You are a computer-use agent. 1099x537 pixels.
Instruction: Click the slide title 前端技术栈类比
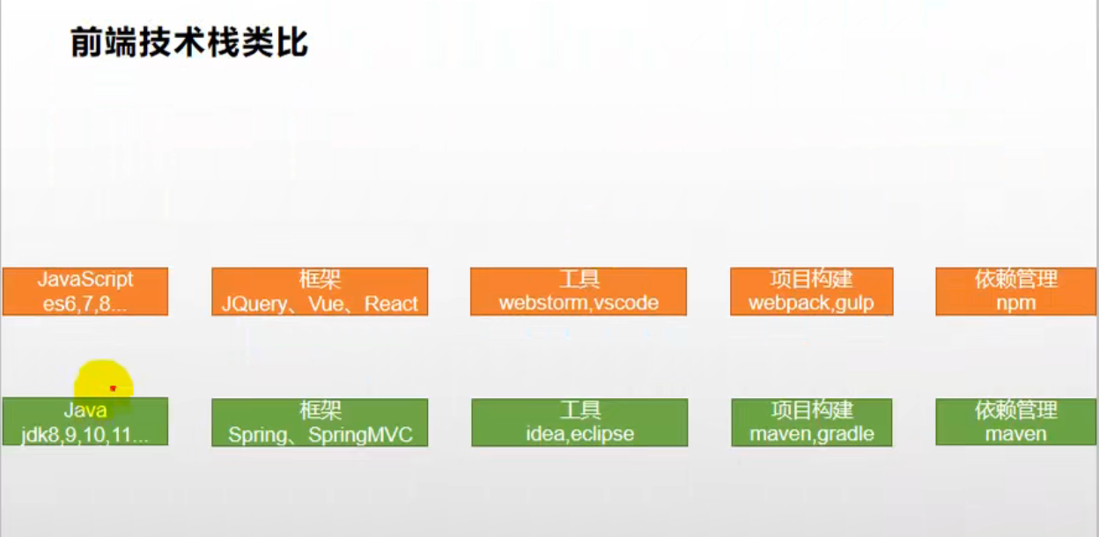189,41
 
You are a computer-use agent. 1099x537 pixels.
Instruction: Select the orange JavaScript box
85,291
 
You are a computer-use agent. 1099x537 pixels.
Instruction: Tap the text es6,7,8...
85,304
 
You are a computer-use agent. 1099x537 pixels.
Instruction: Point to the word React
391,304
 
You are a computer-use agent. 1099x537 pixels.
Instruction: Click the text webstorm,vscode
579,304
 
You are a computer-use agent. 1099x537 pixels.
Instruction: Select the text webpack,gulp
811,304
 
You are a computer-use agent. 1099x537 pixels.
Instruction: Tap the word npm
1016,304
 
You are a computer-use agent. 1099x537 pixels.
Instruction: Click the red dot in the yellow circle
113,387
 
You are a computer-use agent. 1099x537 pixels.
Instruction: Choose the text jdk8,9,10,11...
85,434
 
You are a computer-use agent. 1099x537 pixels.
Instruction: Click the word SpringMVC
360,434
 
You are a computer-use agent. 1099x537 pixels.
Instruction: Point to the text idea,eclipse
579,434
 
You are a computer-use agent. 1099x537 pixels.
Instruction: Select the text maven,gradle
812,434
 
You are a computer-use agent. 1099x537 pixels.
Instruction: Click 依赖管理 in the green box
1016,410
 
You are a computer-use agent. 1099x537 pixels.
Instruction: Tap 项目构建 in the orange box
812,280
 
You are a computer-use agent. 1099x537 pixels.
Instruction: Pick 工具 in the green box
580,410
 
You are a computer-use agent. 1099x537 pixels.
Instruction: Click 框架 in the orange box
320,280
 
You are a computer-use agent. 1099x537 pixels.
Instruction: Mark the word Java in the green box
85,410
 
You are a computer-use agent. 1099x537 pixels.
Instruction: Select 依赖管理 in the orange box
1016,280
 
